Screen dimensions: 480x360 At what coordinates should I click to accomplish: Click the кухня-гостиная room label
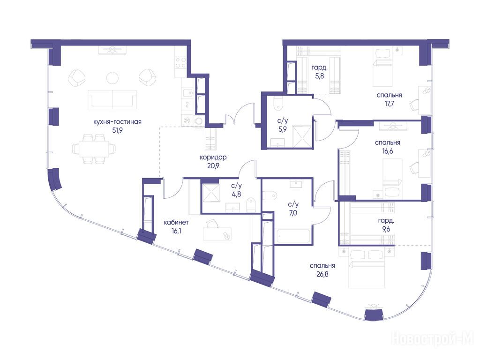tap(117, 122)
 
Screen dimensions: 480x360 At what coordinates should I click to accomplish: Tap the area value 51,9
tap(117, 130)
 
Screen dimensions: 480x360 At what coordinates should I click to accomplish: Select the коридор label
tap(213, 157)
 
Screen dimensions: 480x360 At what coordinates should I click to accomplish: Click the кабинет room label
tap(176, 223)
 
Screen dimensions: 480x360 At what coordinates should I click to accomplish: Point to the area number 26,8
tap(322, 274)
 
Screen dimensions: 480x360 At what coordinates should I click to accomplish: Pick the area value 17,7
tap(389, 104)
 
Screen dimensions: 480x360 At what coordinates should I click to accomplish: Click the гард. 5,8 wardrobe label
tap(319, 72)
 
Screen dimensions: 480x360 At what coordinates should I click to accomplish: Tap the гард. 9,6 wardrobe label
tap(386, 225)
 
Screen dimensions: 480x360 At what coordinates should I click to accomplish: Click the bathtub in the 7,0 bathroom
tap(293, 235)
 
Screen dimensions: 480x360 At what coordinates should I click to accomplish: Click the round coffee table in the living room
tap(112, 77)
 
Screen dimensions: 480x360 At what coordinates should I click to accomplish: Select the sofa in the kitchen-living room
tap(112, 99)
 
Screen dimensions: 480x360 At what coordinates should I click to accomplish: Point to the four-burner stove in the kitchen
tap(180, 62)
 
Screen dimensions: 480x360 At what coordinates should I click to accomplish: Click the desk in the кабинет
tap(217, 234)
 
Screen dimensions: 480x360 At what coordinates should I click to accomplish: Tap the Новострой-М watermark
tap(433, 338)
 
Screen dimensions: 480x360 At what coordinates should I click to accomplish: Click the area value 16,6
tap(388, 151)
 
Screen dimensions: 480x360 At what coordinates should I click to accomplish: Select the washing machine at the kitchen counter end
tap(187, 120)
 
